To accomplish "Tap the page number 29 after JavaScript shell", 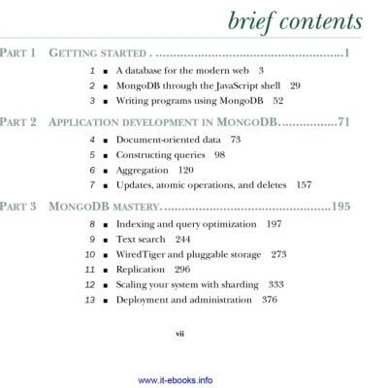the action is click(296, 85).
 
